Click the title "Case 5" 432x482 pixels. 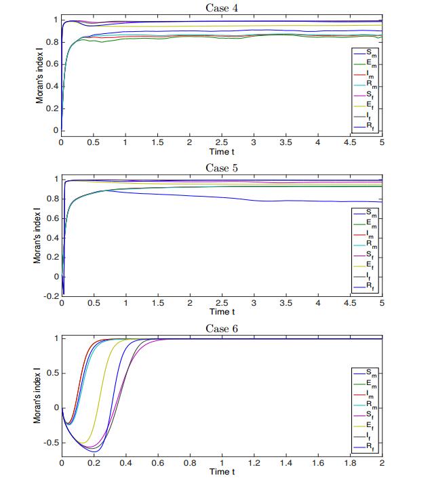click(x=221, y=167)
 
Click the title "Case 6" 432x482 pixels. click(x=221, y=329)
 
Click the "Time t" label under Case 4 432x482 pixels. click(x=221, y=152)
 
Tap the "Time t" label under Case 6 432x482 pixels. click(x=221, y=472)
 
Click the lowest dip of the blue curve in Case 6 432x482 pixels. click(x=96, y=451)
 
